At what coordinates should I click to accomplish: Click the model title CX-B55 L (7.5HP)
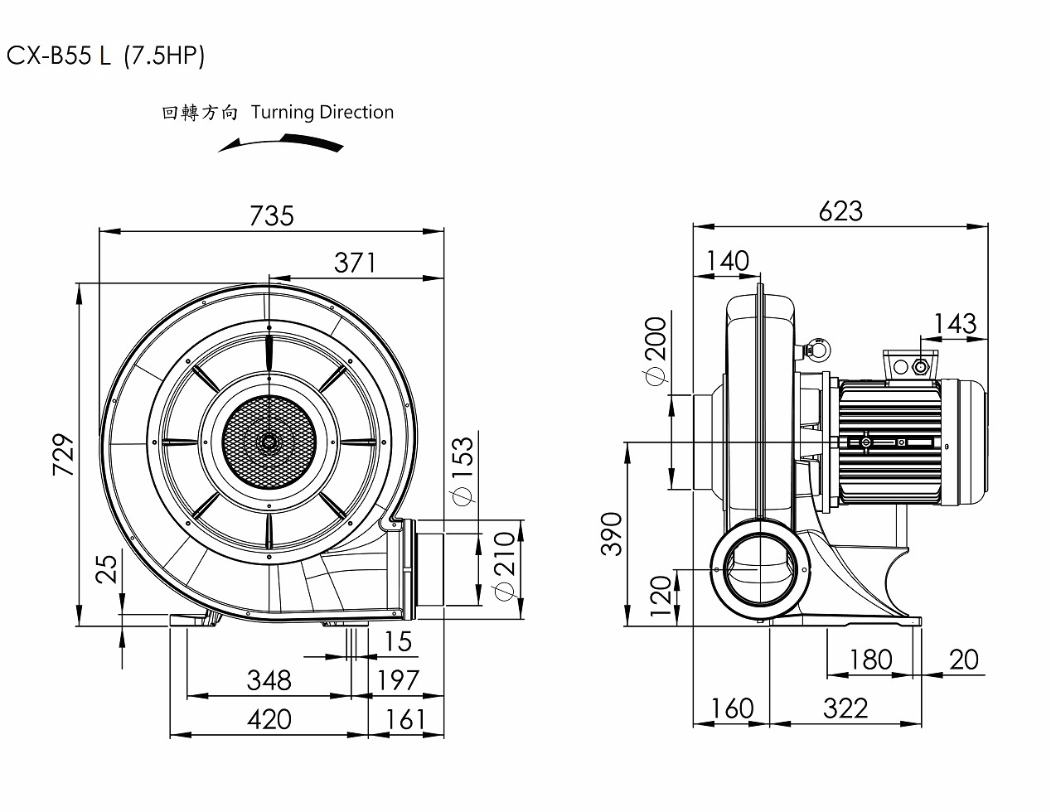(x=105, y=56)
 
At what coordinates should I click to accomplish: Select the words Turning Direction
(x=322, y=112)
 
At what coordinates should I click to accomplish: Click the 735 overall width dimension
(x=272, y=215)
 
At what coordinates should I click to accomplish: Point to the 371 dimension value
(x=355, y=263)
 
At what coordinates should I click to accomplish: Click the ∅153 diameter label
(x=462, y=469)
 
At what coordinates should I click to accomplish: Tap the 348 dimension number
(x=269, y=680)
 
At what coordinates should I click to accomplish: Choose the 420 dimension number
(x=269, y=719)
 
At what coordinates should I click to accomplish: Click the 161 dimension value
(x=405, y=719)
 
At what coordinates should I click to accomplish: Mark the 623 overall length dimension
(x=840, y=211)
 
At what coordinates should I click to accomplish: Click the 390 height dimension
(x=611, y=534)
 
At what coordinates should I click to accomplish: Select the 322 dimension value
(x=845, y=708)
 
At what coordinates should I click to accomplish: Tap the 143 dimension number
(x=955, y=323)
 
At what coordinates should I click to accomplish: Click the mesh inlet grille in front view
(x=269, y=442)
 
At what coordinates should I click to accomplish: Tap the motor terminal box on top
(x=910, y=365)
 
